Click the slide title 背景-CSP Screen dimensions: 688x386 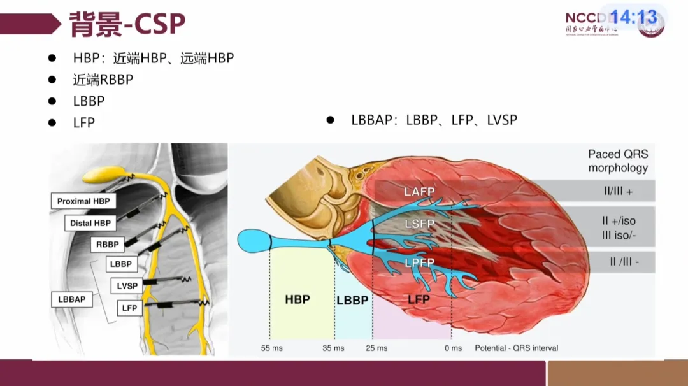[127, 24]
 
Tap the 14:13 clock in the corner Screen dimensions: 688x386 [634, 17]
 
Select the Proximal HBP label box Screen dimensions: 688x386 [83, 201]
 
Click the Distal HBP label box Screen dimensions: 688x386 [90, 224]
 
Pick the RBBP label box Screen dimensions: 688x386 [108, 244]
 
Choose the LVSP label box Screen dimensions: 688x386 [127, 286]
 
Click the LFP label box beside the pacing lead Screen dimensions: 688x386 [129, 308]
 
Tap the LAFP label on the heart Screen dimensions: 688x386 [419, 192]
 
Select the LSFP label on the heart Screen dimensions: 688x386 [419, 224]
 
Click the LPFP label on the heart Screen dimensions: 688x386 [419, 262]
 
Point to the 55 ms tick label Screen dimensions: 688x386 [271, 348]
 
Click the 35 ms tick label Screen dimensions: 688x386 [333, 348]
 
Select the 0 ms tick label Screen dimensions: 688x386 [453, 348]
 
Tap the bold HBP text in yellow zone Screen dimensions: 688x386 [297, 299]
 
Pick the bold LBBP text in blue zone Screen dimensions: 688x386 [352, 299]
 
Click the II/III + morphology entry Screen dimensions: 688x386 [617, 191]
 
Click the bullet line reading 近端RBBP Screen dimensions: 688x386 [103, 80]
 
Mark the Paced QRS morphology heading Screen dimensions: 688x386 [617, 161]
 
